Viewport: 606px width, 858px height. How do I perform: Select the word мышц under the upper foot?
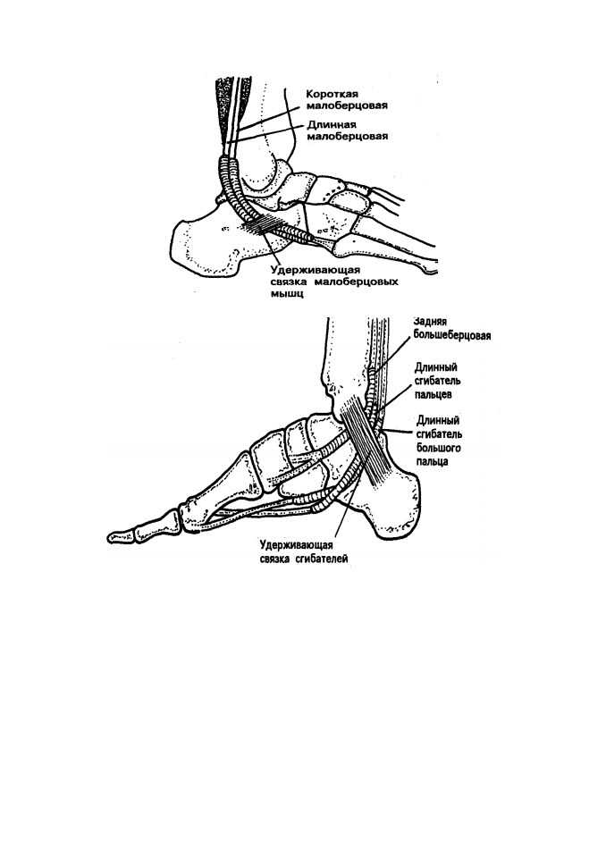pyautogui.click(x=288, y=294)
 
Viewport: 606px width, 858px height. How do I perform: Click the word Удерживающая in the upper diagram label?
pyautogui.click(x=316, y=270)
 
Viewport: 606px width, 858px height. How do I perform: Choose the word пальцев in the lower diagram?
pyautogui.click(x=433, y=394)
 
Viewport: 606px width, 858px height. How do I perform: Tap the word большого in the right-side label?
pyautogui.click(x=438, y=448)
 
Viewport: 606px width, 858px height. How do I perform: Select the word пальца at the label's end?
pyautogui.click(x=433, y=461)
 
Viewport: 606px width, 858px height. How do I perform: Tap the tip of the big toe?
pyautogui.click(x=108, y=536)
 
